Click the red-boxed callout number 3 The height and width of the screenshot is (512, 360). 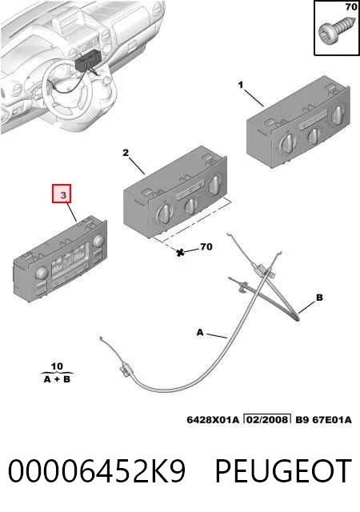click(x=63, y=195)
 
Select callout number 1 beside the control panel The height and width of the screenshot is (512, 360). click(x=241, y=86)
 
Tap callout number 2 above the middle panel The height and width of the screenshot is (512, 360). click(x=126, y=153)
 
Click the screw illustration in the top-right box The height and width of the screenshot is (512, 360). click(x=335, y=31)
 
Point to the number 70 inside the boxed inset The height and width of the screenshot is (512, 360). click(x=351, y=6)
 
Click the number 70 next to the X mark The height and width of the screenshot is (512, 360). click(x=206, y=246)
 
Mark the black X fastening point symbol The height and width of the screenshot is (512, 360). click(x=180, y=252)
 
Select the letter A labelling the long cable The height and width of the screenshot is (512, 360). click(x=200, y=333)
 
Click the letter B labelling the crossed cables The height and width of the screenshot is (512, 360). click(x=319, y=298)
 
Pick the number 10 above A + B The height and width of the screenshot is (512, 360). click(x=57, y=366)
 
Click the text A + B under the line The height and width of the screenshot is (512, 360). click(x=57, y=379)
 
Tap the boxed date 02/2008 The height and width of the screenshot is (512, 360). click(x=267, y=419)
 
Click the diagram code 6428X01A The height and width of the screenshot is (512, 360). click(x=213, y=419)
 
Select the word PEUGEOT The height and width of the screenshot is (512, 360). click(x=283, y=471)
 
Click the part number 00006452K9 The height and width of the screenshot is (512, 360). click(x=97, y=471)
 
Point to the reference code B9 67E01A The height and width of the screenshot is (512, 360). click(x=323, y=419)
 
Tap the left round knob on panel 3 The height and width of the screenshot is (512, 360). click(x=42, y=274)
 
